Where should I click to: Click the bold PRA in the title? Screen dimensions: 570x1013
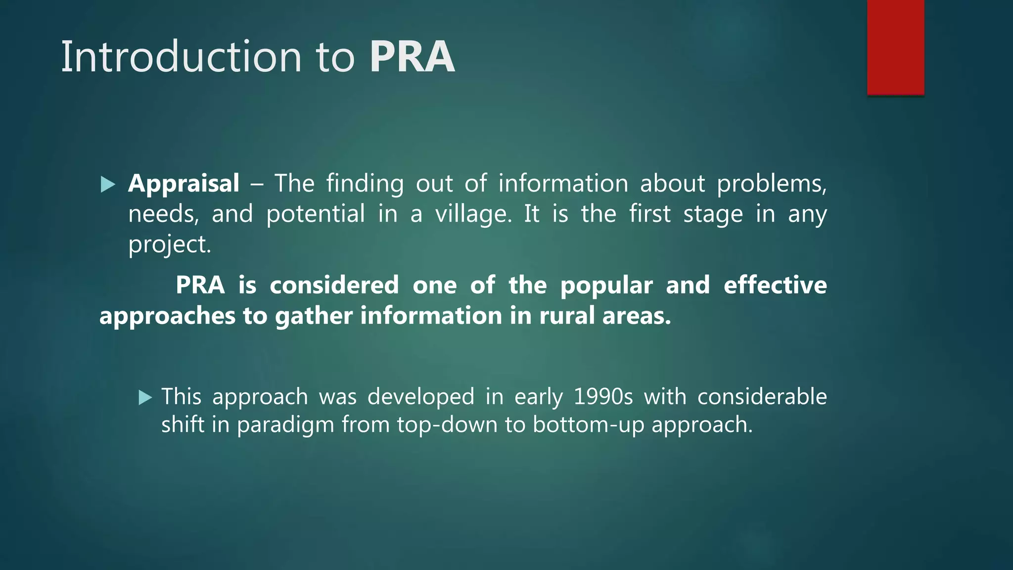coord(412,57)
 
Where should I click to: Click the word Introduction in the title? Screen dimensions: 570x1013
coord(181,57)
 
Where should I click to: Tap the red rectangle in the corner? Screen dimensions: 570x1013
coord(895,47)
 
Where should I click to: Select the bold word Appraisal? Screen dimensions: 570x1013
coord(184,184)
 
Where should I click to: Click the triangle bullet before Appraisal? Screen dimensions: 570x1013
coord(107,185)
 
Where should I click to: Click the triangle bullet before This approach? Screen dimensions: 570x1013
coord(145,397)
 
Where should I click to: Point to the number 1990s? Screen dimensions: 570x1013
coord(603,397)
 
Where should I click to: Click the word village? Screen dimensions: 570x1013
coord(473,214)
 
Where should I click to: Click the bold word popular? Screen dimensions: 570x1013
coord(606,286)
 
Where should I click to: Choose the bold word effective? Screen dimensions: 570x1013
coord(775,285)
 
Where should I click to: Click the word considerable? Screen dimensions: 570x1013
coord(762,397)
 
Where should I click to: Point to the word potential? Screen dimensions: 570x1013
coord(316,214)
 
